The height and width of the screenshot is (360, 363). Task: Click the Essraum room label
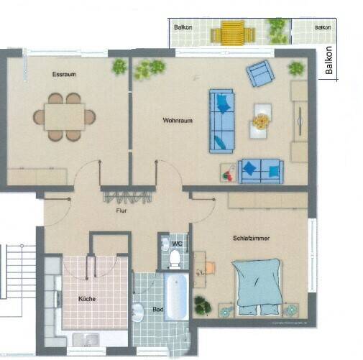(x=64, y=75)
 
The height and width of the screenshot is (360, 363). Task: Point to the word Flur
(x=121, y=212)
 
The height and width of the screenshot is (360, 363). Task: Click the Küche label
(x=88, y=298)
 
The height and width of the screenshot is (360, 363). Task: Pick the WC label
(x=176, y=244)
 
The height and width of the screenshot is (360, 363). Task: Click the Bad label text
(x=157, y=310)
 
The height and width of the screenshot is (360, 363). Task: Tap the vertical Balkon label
(x=329, y=62)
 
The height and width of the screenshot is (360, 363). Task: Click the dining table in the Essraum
(x=64, y=116)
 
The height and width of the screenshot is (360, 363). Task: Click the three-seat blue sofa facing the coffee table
(x=221, y=121)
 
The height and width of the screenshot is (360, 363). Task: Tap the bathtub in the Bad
(x=177, y=295)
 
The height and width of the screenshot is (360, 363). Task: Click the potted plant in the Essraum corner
(x=119, y=67)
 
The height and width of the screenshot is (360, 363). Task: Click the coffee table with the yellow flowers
(x=260, y=120)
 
